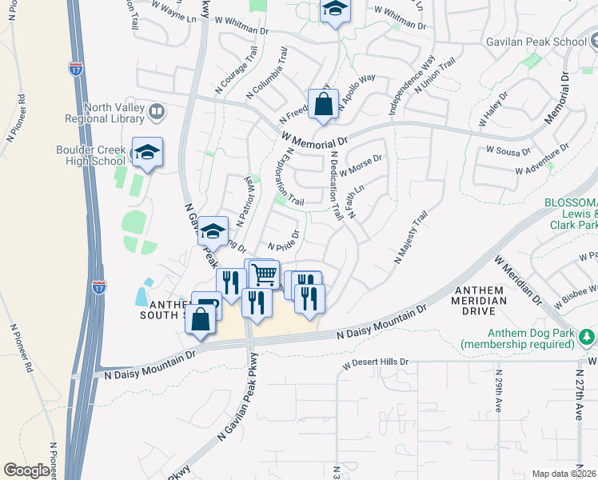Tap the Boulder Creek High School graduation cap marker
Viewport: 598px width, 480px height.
(x=147, y=152)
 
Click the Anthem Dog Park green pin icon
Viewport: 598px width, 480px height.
(x=588, y=335)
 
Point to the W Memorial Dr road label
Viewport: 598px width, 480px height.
(x=313, y=140)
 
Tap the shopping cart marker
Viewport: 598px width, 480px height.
(x=263, y=274)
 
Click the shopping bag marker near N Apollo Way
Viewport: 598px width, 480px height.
(x=323, y=105)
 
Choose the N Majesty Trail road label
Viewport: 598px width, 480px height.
(x=412, y=238)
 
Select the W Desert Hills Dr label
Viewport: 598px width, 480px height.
(x=376, y=362)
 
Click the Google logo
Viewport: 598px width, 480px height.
(x=26, y=470)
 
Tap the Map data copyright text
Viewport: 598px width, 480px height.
(x=564, y=474)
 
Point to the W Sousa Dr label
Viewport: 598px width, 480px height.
(x=508, y=150)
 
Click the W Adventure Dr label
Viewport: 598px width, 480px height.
(x=541, y=160)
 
